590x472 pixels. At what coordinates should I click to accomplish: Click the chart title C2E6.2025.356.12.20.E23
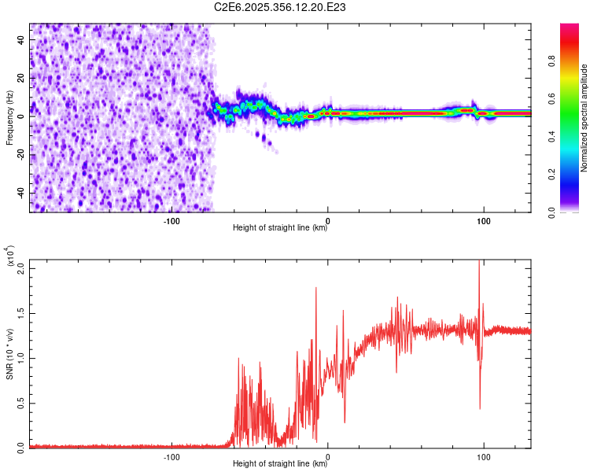281,7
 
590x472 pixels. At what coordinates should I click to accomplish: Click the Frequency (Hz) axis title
10,118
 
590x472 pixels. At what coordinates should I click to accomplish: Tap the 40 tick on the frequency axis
21,39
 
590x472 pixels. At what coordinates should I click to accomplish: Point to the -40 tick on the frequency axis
21,193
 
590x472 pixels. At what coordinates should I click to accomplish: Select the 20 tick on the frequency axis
21,77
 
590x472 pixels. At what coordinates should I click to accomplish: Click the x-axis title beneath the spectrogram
281,229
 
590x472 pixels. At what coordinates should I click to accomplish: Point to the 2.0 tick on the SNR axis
21,268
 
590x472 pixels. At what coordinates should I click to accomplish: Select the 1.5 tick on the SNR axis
21,313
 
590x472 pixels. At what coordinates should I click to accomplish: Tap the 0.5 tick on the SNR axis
21,403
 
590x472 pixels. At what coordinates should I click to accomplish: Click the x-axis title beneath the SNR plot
281,464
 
